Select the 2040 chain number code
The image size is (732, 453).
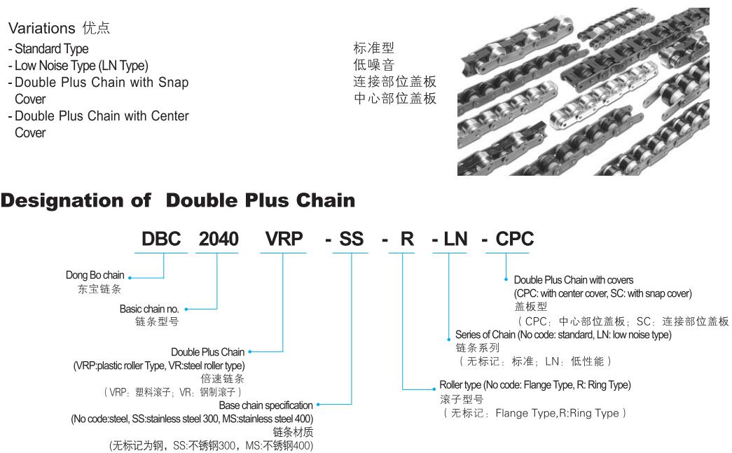coord(217,239)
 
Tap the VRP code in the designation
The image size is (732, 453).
coord(284,239)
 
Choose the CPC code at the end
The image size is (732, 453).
coord(515,239)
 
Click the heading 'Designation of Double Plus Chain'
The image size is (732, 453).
coord(178,201)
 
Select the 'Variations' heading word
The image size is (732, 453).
coord(41,29)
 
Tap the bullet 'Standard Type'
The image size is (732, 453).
coord(52,49)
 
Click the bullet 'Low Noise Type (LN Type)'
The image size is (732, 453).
coord(81,66)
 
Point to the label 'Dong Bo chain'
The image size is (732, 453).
coord(95,276)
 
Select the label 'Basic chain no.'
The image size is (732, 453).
coord(150,308)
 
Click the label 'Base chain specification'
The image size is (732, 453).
coord(266,405)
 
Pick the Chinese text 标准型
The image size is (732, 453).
coord(373,49)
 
